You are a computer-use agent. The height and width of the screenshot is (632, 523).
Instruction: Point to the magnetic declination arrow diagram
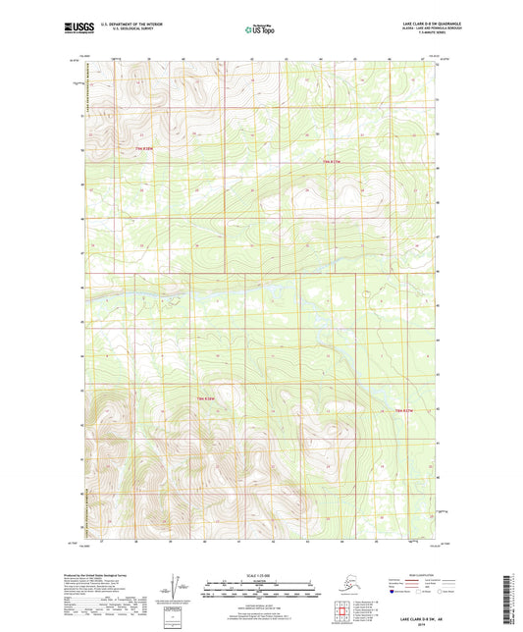(175, 587)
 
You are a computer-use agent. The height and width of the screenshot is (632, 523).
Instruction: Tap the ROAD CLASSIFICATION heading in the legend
(424, 575)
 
